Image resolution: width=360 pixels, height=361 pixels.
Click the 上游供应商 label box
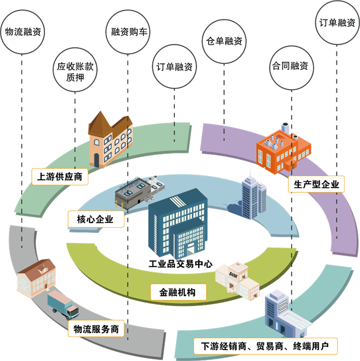pyautogui.click(x=60, y=177)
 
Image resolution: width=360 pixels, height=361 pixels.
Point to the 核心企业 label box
pyautogui.click(x=97, y=219)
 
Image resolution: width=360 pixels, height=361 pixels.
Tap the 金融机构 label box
pyautogui.click(x=178, y=292)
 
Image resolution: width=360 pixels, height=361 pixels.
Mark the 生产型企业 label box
pyautogui.click(x=316, y=184)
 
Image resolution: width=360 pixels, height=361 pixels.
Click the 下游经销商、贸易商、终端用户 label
pyautogui.click(x=266, y=346)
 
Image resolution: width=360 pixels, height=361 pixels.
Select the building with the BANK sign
pyautogui.click(x=237, y=281)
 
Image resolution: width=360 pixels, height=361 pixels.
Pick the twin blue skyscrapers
pyautogui.click(x=253, y=196)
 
